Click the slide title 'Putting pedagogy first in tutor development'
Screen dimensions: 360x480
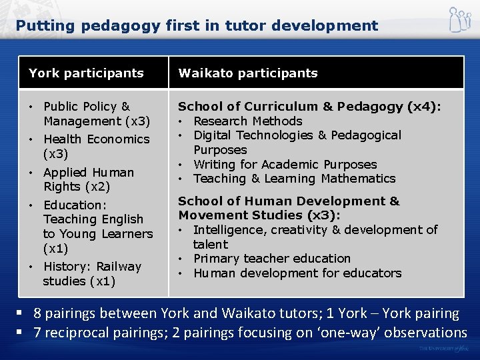pyautogui.click(x=197, y=26)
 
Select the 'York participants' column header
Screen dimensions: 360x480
pyautogui.click(x=86, y=73)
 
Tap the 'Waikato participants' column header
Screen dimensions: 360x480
pyautogui.click(x=247, y=73)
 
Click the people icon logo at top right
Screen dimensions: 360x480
pyautogui.click(x=459, y=20)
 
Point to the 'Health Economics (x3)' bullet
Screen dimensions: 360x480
pyautogui.click(x=96, y=146)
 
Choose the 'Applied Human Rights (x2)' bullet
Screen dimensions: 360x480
pyautogui.click(x=88, y=179)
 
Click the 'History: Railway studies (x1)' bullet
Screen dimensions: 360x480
pyautogui.click(x=92, y=273)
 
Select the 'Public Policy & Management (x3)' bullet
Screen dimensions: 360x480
pyautogui.click(x=96, y=113)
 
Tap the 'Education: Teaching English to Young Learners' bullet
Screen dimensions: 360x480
pyautogui.click(x=97, y=226)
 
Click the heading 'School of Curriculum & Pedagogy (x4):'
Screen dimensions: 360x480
pyautogui.click(x=309, y=106)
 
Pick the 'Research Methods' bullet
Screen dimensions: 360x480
pyautogui.click(x=247, y=121)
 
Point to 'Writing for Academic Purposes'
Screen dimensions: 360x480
pyautogui.click(x=285, y=164)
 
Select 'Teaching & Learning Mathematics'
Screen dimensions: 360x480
pyautogui.click(x=294, y=179)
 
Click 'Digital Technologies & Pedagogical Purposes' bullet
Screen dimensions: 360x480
pyautogui.click(x=297, y=142)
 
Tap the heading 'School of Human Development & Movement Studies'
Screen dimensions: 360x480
pyautogui.click(x=289, y=207)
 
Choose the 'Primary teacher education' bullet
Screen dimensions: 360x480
pyautogui.click(x=271, y=258)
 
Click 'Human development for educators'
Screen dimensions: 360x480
pyautogui.click(x=297, y=273)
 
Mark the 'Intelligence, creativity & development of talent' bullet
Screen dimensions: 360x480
pyautogui.click(x=315, y=237)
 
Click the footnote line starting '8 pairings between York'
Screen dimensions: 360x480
pyautogui.click(x=246, y=313)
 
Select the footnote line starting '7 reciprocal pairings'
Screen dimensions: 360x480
pyautogui.click(x=250, y=332)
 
